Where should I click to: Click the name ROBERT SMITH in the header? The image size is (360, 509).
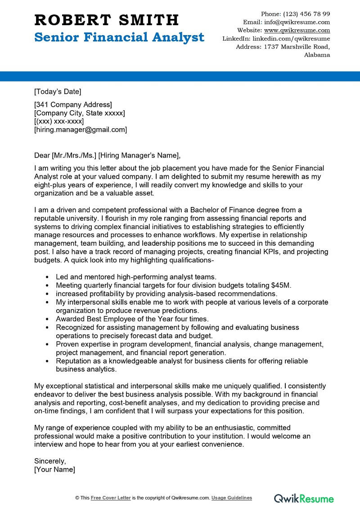point(106,20)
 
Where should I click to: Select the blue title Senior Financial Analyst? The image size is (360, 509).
point(119,37)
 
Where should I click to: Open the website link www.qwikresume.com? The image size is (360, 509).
point(297,31)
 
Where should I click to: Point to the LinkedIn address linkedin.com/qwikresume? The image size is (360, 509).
point(291,39)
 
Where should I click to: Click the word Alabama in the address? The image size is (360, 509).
point(317,55)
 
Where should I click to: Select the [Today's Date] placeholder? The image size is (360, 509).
point(58,92)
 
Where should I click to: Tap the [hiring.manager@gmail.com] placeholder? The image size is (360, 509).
point(81,130)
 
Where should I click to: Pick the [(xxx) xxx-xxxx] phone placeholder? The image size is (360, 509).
point(59,122)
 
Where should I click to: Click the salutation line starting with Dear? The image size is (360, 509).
point(107,156)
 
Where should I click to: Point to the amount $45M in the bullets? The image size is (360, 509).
point(281,285)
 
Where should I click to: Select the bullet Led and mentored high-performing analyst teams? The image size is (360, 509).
point(136,277)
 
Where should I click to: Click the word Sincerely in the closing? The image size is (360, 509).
point(50,461)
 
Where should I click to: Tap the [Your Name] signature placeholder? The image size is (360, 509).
point(54,469)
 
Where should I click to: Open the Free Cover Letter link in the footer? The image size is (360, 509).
point(111,498)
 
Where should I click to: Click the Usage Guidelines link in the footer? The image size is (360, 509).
point(232,498)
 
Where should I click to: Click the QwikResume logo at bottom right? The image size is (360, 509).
point(304,498)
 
